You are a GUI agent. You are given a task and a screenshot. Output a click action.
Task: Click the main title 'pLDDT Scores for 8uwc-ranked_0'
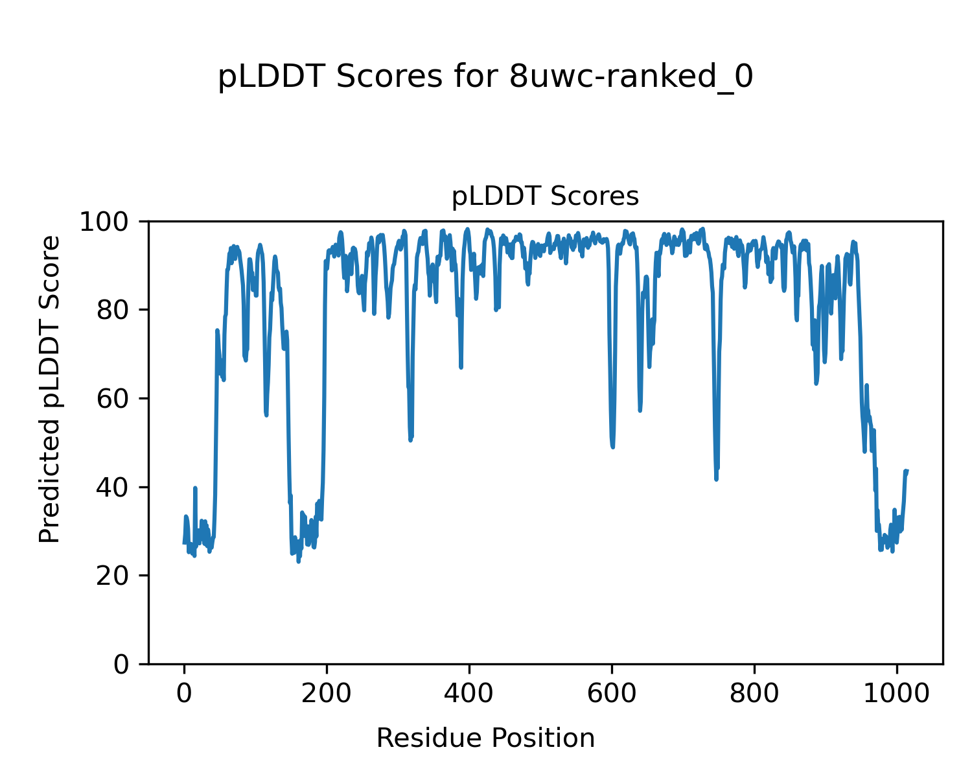click(x=485, y=77)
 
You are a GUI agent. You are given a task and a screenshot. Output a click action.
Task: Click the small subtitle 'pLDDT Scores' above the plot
click(x=545, y=196)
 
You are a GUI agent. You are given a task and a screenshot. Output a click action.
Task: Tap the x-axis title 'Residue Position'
click(x=485, y=738)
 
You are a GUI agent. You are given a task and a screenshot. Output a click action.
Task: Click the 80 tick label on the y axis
click(x=113, y=310)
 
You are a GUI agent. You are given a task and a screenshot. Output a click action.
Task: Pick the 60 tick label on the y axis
click(x=113, y=399)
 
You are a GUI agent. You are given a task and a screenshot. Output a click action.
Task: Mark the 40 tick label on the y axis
click(x=113, y=487)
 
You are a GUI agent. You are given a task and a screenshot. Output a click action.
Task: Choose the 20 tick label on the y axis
click(x=113, y=576)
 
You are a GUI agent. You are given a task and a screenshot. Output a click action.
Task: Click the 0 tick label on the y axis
click(x=121, y=664)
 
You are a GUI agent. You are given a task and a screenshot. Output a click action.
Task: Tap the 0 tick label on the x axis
click(x=185, y=692)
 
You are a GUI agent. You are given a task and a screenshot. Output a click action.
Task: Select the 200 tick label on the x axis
click(x=327, y=692)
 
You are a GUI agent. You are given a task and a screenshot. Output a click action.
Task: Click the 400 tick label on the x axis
click(x=469, y=692)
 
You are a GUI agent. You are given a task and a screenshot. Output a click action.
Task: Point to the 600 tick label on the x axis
click(x=612, y=692)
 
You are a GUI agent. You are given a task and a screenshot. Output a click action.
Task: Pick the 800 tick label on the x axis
click(x=754, y=692)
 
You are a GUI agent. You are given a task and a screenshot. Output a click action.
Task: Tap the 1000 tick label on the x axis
click(x=897, y=692)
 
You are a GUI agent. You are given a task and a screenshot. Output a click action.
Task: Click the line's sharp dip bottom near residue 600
click(x=612, y=447)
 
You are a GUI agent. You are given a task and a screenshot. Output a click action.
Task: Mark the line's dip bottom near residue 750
click(x=716, y=479)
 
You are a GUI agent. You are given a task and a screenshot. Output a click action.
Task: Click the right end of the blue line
click(x=907, y=471)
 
